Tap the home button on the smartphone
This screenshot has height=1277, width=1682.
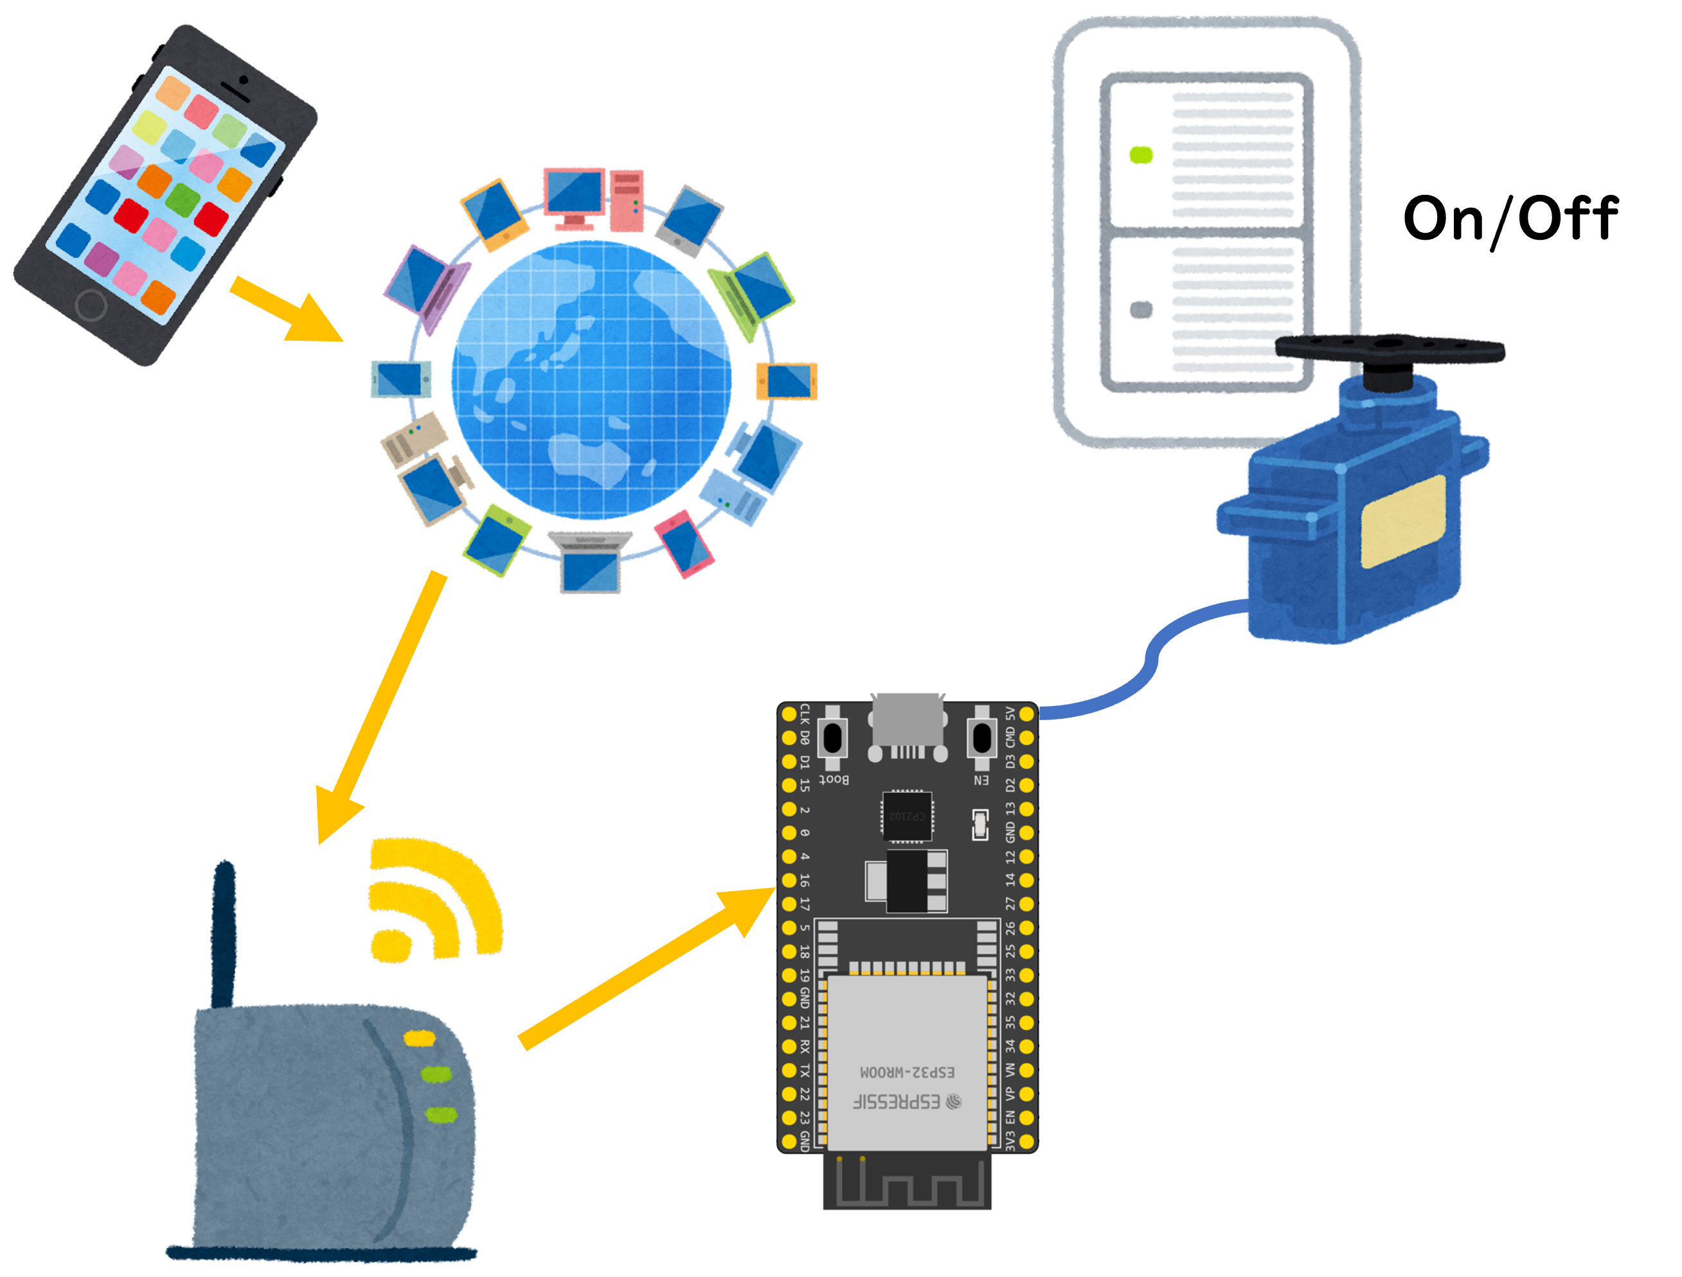91,306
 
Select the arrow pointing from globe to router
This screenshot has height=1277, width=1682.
380,707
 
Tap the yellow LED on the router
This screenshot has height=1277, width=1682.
419,1038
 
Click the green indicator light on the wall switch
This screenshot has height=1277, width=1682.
1141,155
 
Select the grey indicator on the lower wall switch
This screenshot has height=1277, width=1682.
1141,309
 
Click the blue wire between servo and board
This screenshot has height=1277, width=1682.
1141,669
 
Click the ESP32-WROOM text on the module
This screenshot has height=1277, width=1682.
907,1072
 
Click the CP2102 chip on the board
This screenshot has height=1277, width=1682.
907,816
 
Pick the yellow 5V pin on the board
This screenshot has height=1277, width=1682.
1026,714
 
